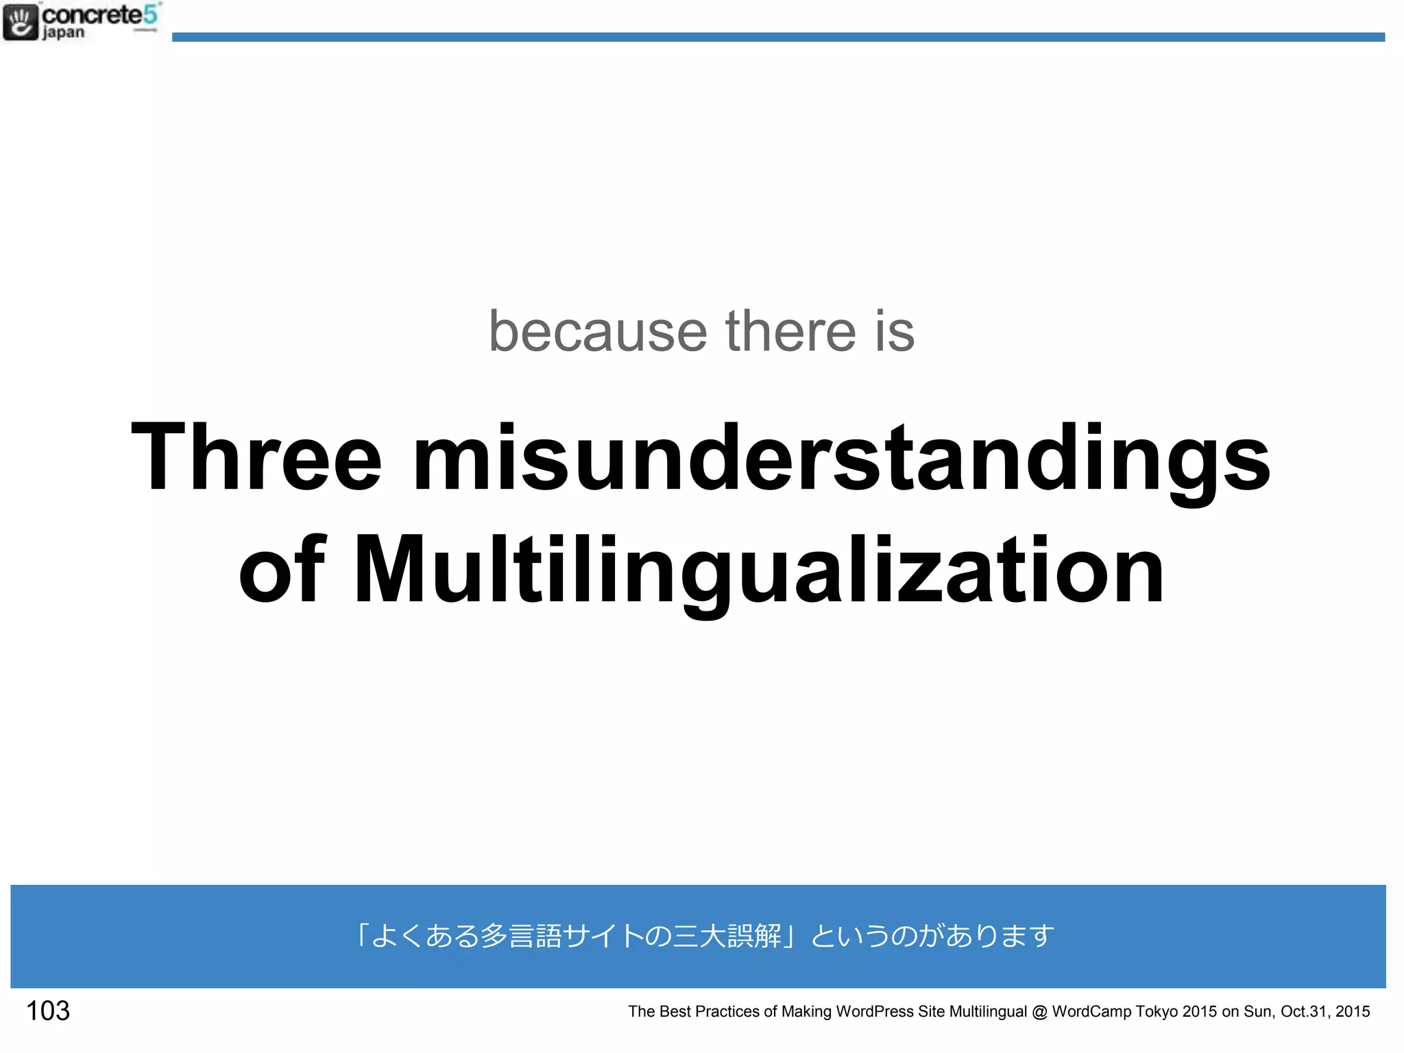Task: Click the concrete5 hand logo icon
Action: [20, 21]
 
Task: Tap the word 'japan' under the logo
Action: [63, 33]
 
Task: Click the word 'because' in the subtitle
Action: [597, 332]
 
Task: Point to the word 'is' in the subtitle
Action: [895, 332]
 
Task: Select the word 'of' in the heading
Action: [282, 569]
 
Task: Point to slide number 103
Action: [48, 1010]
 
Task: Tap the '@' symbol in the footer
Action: [1039, 1012]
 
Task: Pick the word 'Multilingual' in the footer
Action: [988, 1011]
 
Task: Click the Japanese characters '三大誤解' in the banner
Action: [727, 936]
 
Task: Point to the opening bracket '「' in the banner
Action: [361, 936]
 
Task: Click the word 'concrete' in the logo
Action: [93, 14]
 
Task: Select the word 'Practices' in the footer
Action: [727, 1011]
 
